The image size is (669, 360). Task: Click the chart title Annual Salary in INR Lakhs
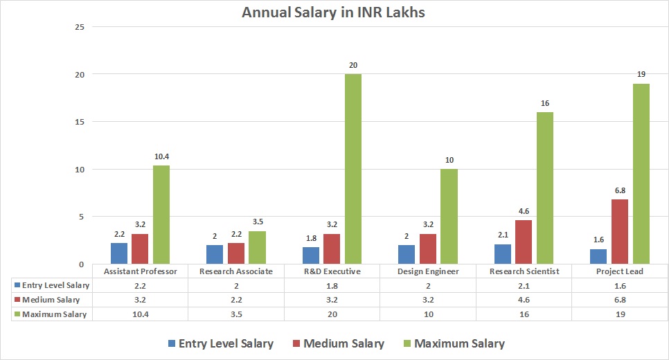pos(334,12)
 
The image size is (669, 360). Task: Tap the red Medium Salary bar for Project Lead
pos(620,231)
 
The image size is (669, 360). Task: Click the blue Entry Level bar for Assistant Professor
pos(119,253)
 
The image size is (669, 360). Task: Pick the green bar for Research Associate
pos(257,247)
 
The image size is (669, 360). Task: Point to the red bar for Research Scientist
pos(524,242)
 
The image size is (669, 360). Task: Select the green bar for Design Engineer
pos(449,216)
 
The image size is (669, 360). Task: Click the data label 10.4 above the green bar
pos(161,156)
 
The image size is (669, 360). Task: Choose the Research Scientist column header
pos(524,271)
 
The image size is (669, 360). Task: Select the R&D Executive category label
pos(332,271)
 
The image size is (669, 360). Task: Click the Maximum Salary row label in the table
pos(54,314)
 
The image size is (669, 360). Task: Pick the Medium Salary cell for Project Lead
pos(620,300)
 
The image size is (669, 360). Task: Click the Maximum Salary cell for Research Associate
pos(236,314)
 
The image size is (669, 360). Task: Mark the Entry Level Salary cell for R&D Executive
pos(332,285)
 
